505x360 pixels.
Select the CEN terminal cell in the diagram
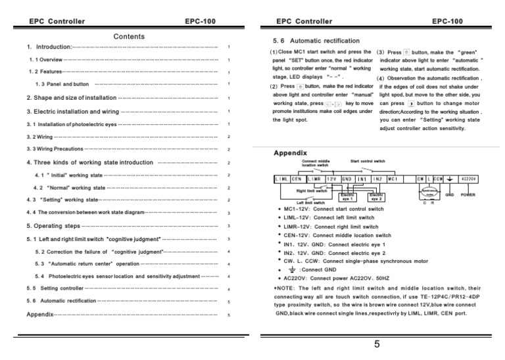[297, 178]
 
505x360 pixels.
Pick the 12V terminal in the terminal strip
[331, 178]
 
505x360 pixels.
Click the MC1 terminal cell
[393, 178]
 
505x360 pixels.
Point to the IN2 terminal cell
[377, 178]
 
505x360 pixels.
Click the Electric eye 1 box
[347, 196]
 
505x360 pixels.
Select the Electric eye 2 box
[377, 196]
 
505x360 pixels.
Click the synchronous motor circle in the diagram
[429, 194]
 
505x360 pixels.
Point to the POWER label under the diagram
[468, 195]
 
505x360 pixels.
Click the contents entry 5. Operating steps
[53, 226]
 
